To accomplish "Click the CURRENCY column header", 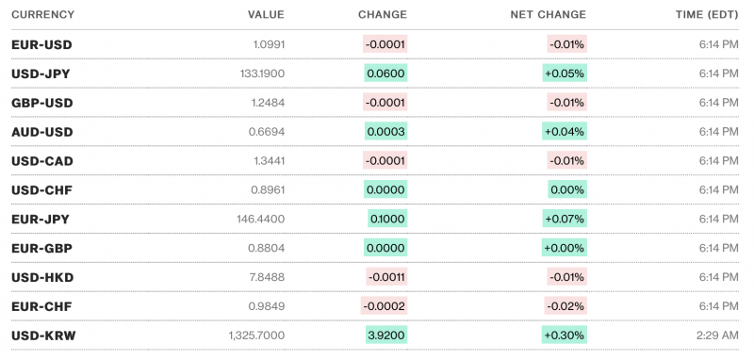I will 42,15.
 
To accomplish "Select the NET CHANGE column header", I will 548,15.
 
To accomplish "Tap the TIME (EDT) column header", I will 702,15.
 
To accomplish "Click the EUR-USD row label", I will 41,44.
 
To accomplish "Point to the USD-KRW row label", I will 42,335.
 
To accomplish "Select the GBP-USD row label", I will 42,103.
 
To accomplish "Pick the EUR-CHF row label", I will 41,306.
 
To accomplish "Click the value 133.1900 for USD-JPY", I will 257,74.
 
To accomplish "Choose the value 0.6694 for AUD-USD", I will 268,132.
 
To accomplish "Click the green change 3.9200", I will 386,335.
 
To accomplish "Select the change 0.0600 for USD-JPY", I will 386,74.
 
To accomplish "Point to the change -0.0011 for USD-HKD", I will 386,277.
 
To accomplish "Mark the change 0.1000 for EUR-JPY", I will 388,219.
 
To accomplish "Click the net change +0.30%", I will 565,335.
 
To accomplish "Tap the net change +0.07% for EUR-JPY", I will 565,219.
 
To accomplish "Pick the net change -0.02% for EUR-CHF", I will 566,306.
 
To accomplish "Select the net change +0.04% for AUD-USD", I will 565,132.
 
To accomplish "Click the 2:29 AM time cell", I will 717,335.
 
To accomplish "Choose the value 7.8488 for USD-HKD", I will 268,277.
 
